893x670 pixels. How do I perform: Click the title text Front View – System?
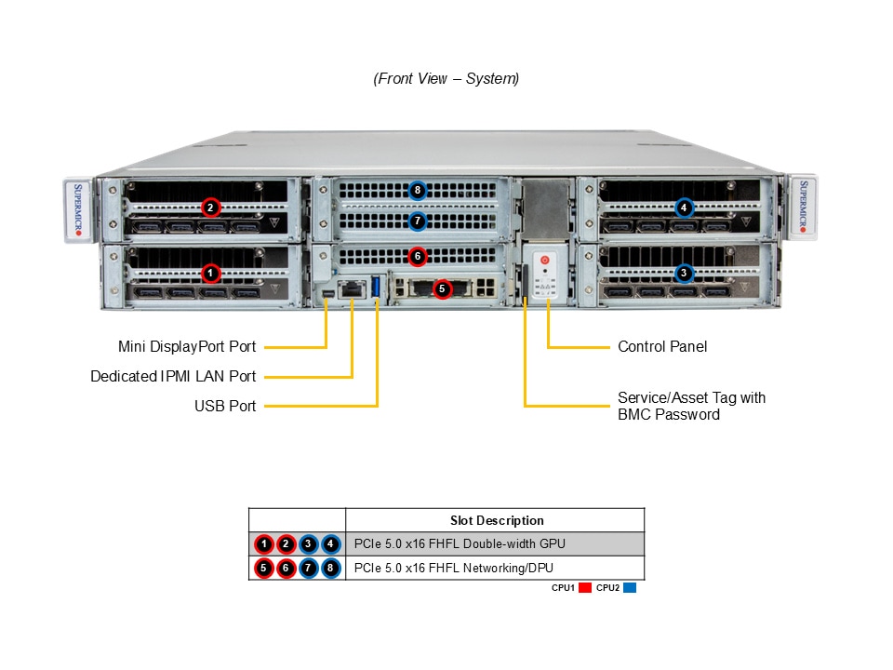446,79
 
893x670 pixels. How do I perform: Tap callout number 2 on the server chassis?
211,207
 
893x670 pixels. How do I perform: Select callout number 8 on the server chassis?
417,191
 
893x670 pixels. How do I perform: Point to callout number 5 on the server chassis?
442,288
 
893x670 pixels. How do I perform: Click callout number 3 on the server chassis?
685,273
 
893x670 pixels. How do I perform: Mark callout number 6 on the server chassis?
417,255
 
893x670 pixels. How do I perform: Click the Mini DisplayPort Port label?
187,347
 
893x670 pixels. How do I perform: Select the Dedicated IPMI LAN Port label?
173,377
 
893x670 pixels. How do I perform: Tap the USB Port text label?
225,406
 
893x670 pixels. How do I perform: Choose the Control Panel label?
662,347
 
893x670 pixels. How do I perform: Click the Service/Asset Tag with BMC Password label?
691,406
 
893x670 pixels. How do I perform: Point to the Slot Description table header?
497,520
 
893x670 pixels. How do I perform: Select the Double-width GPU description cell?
460,543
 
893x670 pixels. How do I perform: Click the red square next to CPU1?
585,588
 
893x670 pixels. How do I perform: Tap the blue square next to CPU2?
630,588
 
